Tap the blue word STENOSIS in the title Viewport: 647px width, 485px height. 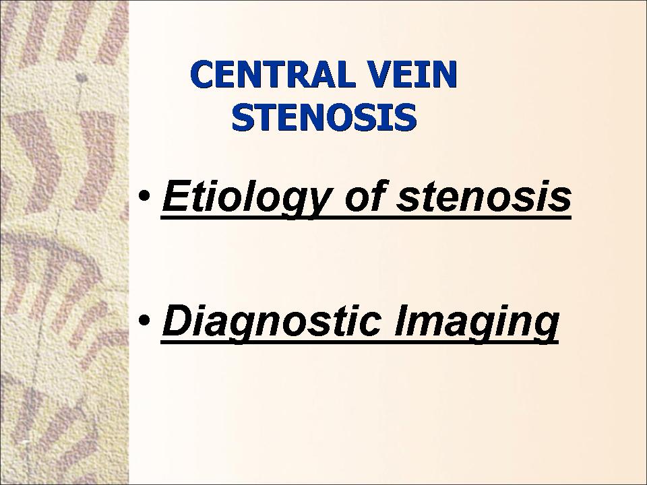(324, 117)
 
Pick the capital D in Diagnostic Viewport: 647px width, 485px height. (177, 320)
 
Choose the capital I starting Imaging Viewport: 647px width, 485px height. (400, 320)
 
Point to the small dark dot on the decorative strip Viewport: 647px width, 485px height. (82, 77)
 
